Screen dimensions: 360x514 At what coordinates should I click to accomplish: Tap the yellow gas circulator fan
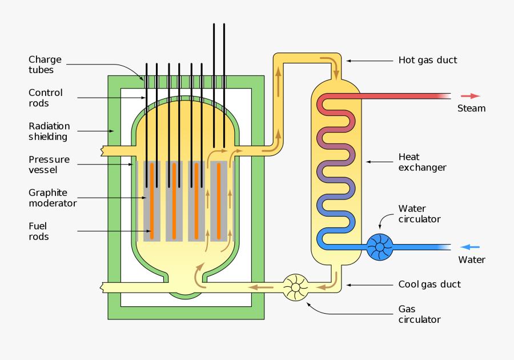[296, 287]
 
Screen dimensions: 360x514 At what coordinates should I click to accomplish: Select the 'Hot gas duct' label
[427, 60]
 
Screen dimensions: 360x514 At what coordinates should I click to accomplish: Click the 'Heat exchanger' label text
[422, 162]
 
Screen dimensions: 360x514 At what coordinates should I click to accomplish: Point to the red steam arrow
[471, 96]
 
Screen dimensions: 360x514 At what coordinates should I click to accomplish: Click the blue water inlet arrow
[470, 247]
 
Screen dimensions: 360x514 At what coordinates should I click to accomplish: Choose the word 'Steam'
[471, 109]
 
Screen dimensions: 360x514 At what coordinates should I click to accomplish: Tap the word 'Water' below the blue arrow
[472, 260]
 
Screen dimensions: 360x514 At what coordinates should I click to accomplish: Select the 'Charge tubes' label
[45, 65]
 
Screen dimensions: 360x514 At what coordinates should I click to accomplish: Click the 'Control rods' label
[46, 98]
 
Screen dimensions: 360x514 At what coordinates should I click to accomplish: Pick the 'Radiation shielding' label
[49, 131]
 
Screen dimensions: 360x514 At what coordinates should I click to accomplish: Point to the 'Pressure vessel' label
[49, 165]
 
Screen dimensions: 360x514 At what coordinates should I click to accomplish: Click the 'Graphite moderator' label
[53, 198]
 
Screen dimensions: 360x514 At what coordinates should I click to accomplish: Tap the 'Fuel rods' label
[39, 231]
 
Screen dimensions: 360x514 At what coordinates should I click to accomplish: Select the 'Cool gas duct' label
[429, 285]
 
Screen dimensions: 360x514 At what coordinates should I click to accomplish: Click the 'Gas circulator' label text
[419, 314]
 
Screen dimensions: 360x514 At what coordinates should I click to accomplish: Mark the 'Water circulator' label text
[420, 214]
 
